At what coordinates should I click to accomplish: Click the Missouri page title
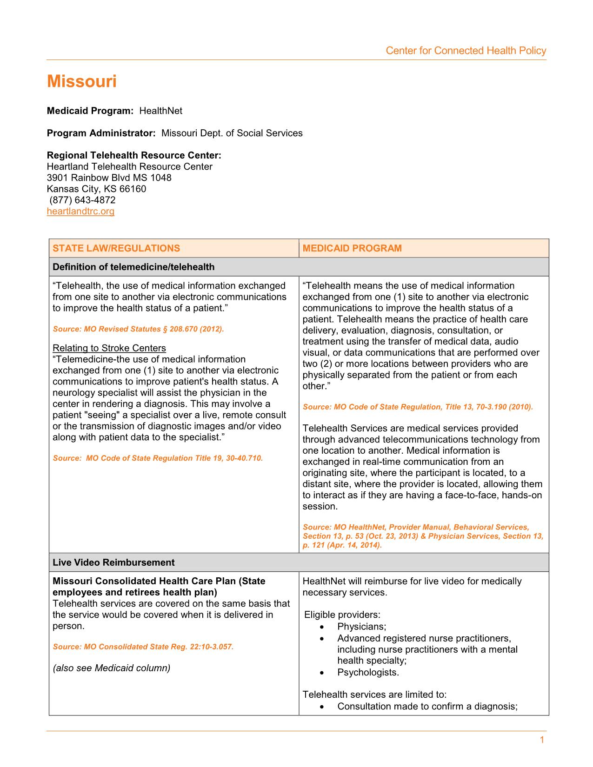[x=82, y=82]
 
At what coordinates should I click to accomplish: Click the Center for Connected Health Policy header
[x=466, y=51]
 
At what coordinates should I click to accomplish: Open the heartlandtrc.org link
[x=80, y=212]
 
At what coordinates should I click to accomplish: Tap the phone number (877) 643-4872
[x=82, y=200]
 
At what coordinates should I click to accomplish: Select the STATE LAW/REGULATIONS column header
[x=116, y=248]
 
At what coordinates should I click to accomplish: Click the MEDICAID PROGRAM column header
[x=352, y=248]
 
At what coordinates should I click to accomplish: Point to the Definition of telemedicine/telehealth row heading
[x=133, y=267]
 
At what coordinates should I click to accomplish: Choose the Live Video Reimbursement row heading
[x=113, y=562]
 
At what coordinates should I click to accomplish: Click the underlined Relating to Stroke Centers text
[x=109, y=348]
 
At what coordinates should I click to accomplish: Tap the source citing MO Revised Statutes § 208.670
[x=138, y=329]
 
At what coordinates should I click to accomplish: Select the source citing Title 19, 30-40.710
[x=158, y=458]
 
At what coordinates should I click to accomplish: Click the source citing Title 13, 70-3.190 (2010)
[x=418, y=407]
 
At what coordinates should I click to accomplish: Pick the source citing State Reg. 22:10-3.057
[x=143, y=647]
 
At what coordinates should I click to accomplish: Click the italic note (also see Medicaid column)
[x=112, y=668]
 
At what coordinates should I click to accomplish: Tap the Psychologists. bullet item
[x=368, y=673]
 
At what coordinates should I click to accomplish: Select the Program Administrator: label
[x=101, y=133]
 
